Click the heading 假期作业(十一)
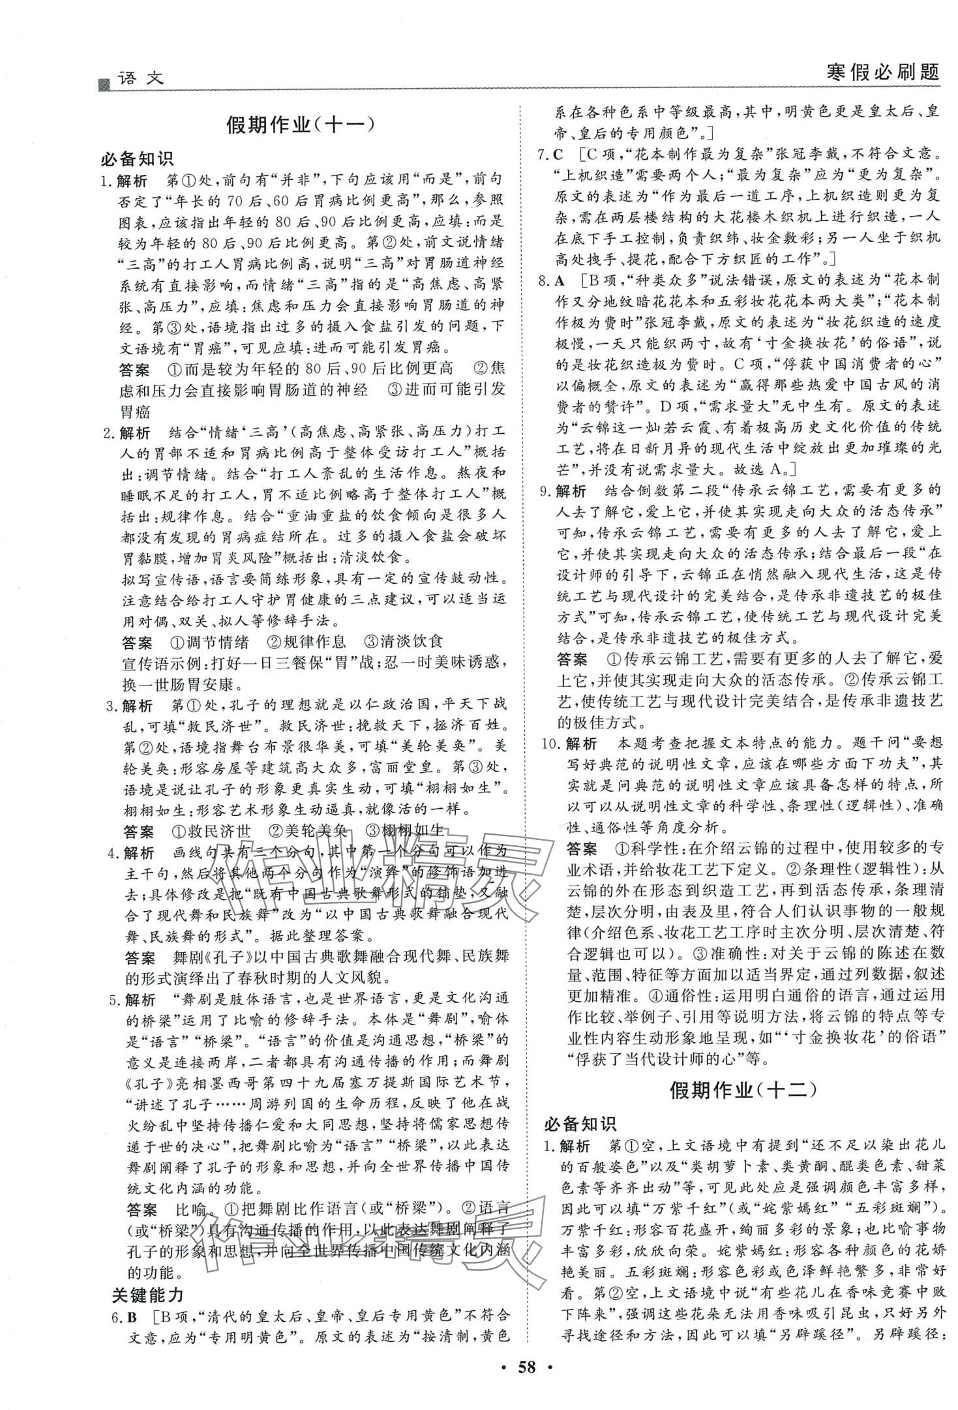click(x=301, y=125)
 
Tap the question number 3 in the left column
click(x=110, y=706)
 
